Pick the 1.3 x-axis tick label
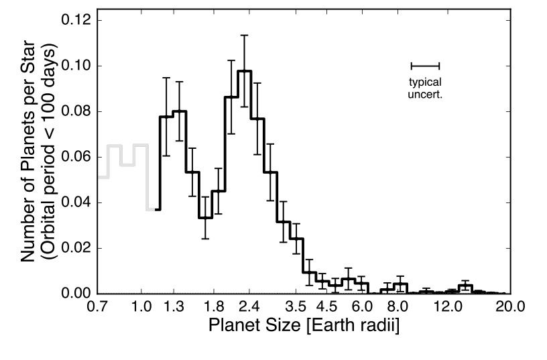(174, 308)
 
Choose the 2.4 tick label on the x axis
(248, 308)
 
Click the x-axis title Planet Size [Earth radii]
(304, 328)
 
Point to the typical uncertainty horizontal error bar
(425, 66)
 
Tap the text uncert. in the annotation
(425, 95)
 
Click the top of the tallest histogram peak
(244, 70)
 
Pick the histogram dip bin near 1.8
(204, 217)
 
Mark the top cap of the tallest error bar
(244, 35)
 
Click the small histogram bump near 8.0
(401, 284)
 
